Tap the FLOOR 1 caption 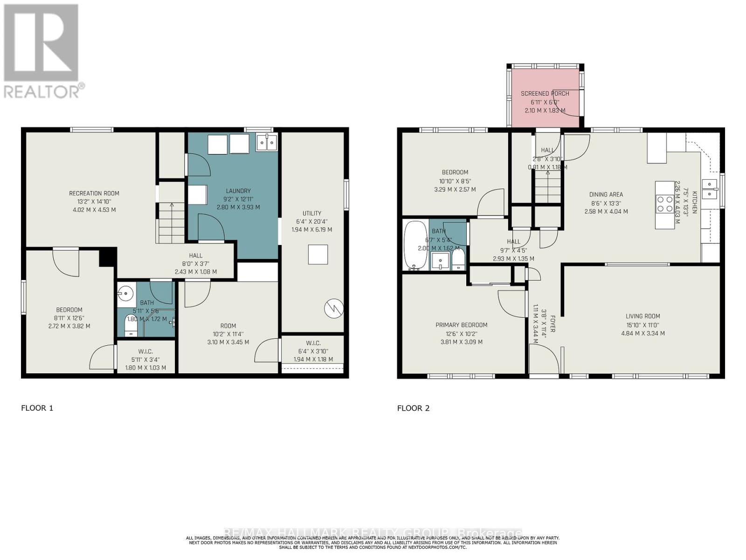[x=37, y=408]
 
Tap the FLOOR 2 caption [x=413, y=408]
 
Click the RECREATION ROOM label [x=94, y=193]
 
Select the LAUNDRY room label [x=238, y=191]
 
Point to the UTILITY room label [x=312, y=213]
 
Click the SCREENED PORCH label [x=545, y=93]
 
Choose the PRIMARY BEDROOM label [x=461, y=325]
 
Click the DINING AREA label [x=606, y=195]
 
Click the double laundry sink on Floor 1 [x=267, y=142]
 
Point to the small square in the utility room [x=318, y=254]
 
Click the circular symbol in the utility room [x=334, y=308]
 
